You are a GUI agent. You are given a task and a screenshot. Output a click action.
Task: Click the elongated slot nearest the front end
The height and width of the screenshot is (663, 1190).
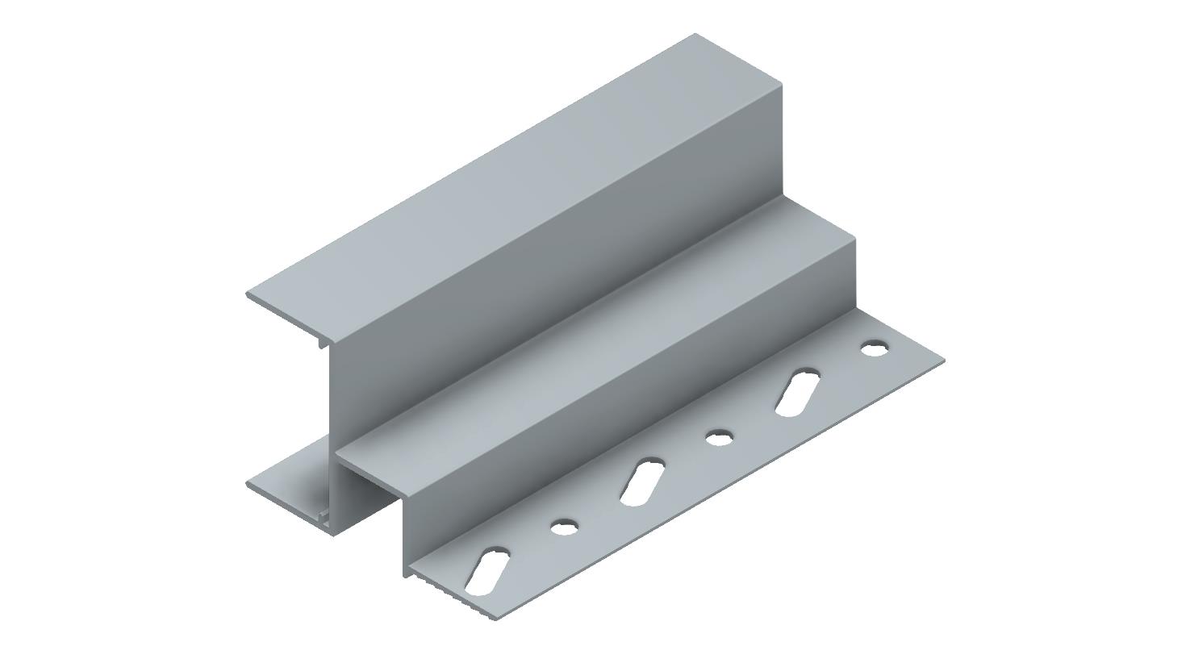487,571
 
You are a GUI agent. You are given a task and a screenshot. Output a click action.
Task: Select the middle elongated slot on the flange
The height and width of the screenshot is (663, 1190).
642,482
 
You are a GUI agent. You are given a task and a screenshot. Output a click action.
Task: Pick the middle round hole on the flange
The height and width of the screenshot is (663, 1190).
719,438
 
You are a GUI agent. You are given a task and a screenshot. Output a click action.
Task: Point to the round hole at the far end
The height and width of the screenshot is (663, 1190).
874,349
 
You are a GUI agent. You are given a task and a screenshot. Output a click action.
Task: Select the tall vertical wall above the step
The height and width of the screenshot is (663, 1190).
565,266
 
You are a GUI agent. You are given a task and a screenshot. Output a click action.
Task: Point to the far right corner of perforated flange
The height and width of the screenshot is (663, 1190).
943,360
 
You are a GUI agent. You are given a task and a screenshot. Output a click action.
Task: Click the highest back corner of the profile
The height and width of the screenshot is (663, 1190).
695,35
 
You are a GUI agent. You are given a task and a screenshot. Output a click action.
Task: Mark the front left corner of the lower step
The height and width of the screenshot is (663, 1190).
336,457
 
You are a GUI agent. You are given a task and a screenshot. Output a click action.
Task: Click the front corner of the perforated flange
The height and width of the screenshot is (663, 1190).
494,619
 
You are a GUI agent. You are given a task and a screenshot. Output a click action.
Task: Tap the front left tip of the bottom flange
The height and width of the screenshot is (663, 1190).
247,482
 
